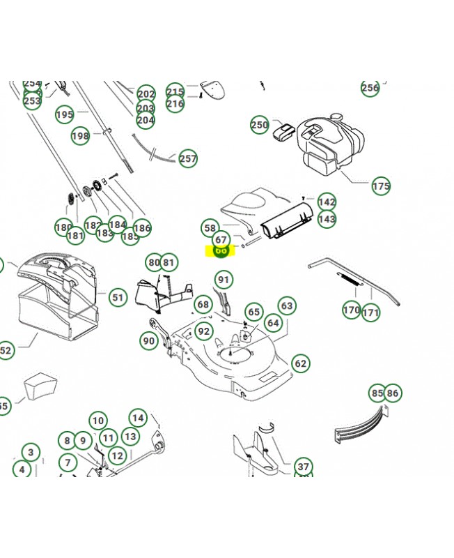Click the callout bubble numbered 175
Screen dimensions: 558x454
point(381,186)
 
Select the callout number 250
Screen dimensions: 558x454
point(259,126)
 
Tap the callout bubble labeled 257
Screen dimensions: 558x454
point(187,158)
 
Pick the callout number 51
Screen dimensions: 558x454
point(118,298)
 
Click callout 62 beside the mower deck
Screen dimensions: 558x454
point(300,363)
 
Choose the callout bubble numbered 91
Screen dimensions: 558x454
point(223,280)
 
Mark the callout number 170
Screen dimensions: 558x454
point(352,310)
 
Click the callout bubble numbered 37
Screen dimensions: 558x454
point(303,467)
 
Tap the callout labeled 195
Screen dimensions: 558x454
point(64,115)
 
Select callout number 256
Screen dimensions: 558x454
point(370,88)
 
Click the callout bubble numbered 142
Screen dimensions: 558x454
point(326,202)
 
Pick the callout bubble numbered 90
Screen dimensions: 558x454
point(148,341)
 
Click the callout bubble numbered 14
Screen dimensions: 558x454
point(138,418)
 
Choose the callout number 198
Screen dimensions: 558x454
point(81,136)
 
